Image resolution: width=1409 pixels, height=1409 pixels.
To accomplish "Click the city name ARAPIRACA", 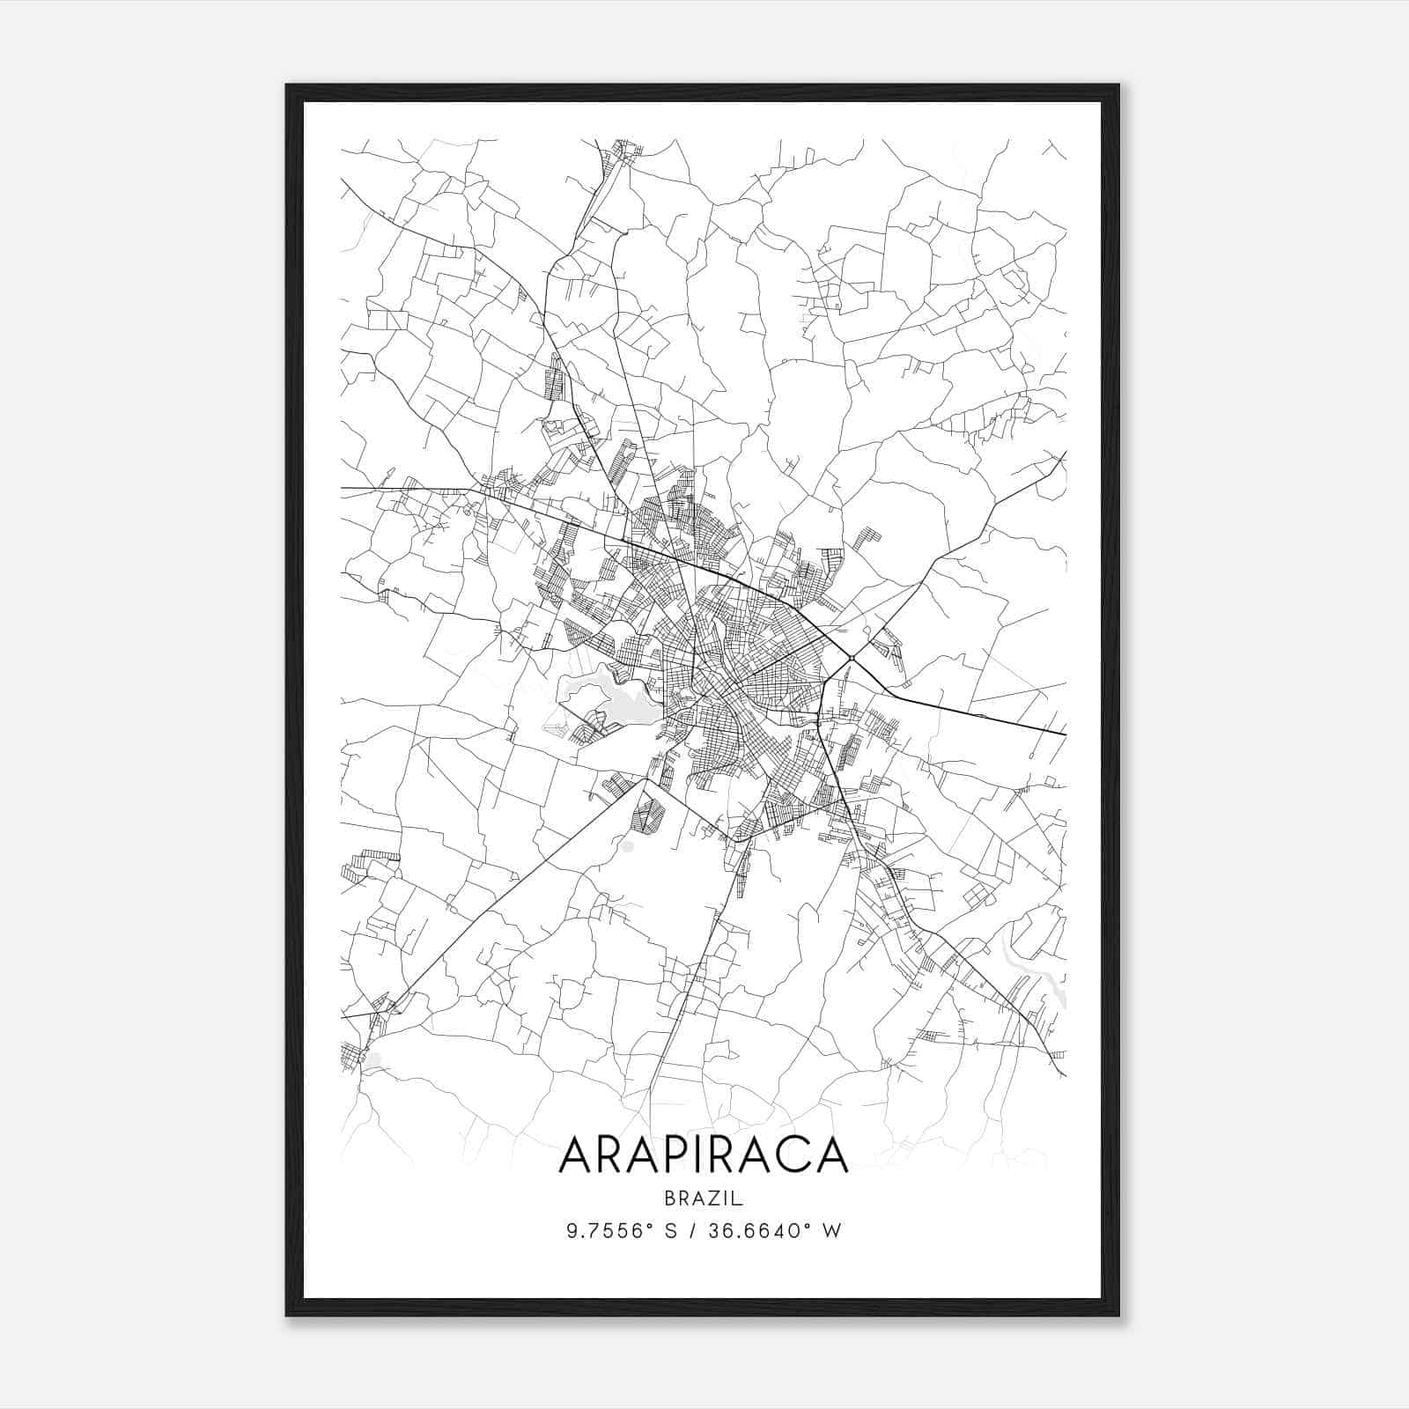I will pos(703,1154).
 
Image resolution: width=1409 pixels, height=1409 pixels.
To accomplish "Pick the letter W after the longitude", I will pos(832,1230).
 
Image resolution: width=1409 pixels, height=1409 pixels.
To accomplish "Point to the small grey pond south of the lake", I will pos(627,846).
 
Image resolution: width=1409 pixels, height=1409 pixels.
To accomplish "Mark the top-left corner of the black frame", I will pos(286,85).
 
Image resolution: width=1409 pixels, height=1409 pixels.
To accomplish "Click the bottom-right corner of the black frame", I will pos(1118,1316).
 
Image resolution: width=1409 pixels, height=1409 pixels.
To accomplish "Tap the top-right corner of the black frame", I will pos(1118,85).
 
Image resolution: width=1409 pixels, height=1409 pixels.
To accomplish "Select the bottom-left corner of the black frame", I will pos(286,1316).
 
